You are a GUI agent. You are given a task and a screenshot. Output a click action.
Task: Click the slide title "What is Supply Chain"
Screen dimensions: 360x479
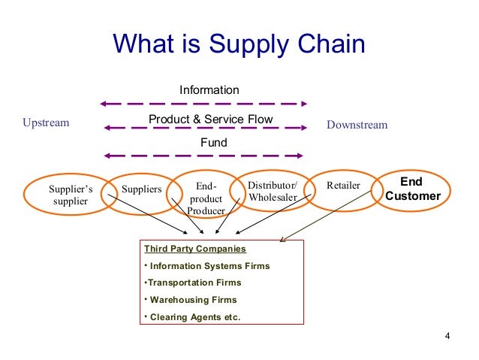tap(239, 44)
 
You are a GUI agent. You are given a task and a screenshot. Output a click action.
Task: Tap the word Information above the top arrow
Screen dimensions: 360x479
tap(209, 90)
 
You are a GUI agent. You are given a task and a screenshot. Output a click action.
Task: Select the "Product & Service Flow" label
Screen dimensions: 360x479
tap(210, 119)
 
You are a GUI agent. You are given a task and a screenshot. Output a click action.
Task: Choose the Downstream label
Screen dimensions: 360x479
tap(357, 125)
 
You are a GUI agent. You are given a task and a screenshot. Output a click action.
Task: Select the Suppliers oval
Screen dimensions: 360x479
tap(141, 189)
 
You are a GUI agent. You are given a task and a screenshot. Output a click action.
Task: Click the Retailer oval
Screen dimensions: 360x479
tap(344, 186)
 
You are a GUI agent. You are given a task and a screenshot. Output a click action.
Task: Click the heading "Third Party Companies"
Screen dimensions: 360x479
tap(194, 248)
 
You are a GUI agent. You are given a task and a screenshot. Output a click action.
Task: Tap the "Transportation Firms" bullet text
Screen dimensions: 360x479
tap(194, 283)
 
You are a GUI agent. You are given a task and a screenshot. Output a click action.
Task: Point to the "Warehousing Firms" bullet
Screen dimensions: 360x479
tap(193, 300)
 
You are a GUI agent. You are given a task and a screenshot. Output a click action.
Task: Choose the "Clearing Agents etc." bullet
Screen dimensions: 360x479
tap(194, 317)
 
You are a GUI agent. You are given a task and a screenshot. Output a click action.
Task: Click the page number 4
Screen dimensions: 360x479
tap(447, 335)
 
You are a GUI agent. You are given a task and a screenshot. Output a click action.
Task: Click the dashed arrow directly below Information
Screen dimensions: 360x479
tap(203, 103)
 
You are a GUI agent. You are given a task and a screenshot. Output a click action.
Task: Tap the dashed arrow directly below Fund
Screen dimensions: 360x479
tap(203, 156)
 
